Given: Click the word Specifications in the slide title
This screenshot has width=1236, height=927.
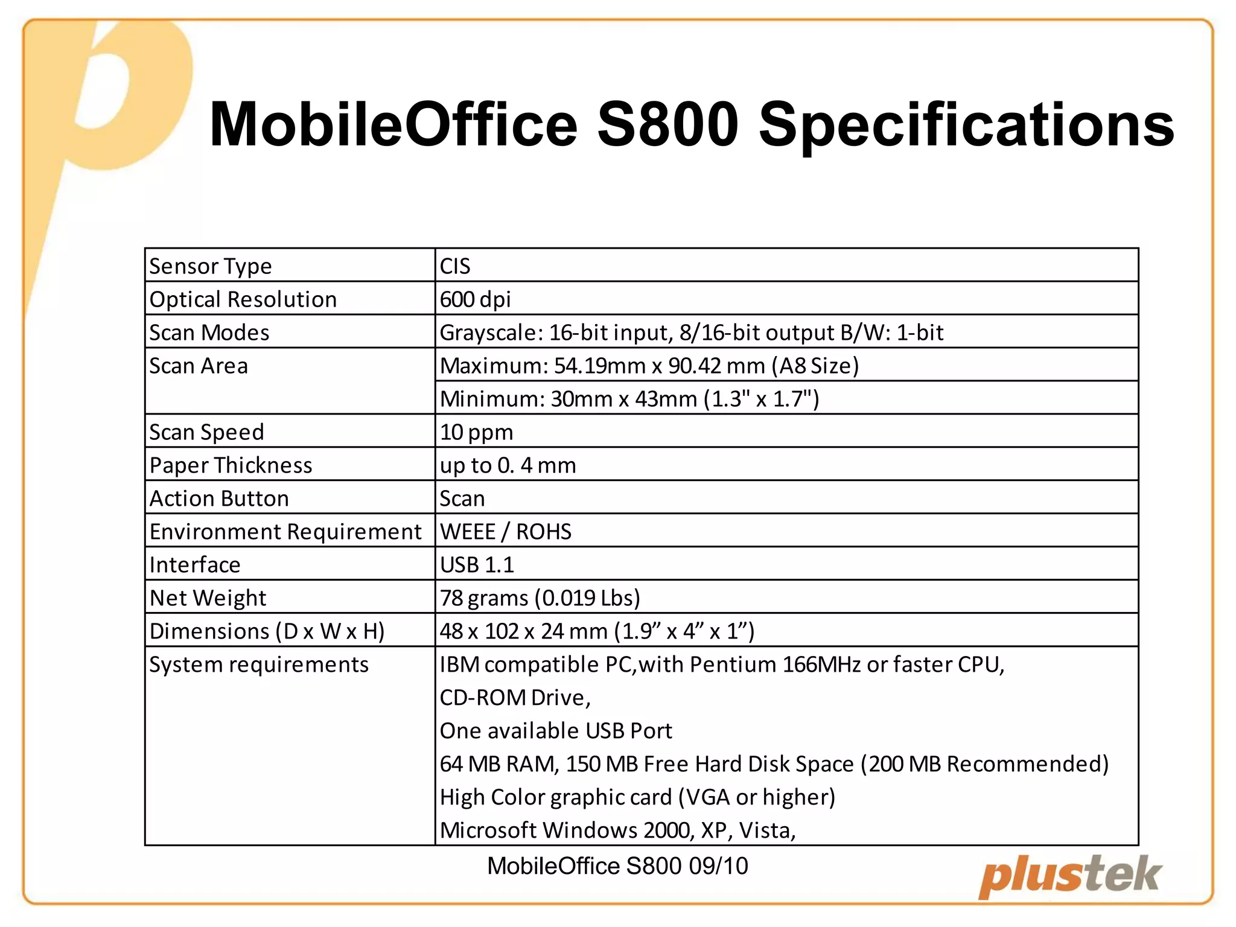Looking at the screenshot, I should (966, 126).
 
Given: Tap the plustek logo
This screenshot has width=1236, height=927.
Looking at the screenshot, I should (1069, 876).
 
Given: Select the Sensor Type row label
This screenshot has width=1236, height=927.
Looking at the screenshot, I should (211, 266).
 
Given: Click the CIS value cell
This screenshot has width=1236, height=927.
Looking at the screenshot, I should (455, 266).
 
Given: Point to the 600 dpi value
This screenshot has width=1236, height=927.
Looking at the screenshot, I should (476, 299).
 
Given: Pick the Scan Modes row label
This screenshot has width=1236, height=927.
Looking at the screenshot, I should (209, 333).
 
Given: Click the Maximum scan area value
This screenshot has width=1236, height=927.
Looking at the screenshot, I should (649, 366).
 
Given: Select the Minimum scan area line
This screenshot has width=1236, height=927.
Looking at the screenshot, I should (629, 399).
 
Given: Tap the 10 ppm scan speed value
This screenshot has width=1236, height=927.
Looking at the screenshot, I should (477, 432).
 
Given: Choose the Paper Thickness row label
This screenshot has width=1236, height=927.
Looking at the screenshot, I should (231, 465).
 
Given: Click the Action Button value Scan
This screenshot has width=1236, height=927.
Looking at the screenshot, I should (462, 499).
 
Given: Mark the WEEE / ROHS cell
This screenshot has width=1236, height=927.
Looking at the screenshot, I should (506, 532).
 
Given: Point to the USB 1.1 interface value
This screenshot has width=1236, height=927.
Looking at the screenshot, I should (477, 565).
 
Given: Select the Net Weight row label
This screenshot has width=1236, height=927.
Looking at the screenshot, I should (208, 598).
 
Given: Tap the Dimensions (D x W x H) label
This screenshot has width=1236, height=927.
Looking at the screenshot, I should (267, 631).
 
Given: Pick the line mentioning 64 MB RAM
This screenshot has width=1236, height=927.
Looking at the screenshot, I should (774, 764).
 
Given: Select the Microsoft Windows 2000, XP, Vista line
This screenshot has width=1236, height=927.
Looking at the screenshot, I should (618, 830).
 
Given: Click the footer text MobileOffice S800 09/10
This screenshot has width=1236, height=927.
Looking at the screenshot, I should (617, 866).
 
